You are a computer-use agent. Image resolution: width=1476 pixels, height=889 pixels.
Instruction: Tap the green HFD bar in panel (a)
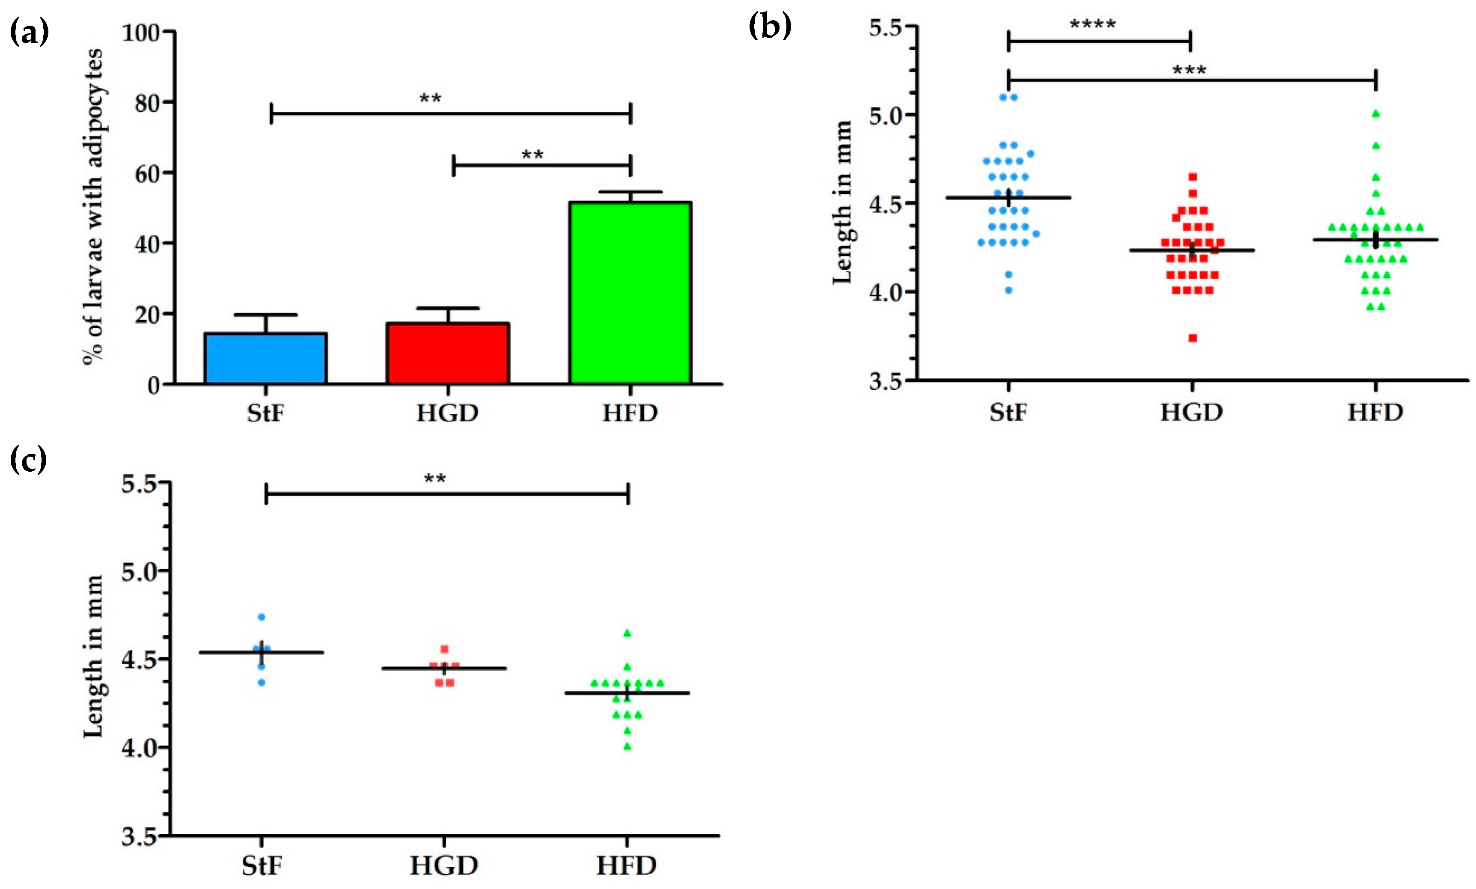coord(630,294)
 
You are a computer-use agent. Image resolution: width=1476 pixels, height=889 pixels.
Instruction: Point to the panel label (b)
coord(770,27)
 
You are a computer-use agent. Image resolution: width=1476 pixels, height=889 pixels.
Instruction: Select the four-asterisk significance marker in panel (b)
coord(1092,25)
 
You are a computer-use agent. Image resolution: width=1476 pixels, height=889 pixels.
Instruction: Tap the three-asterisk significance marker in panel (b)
coord(1189,71)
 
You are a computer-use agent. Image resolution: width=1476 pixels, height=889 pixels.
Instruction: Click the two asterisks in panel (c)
coord(435,479)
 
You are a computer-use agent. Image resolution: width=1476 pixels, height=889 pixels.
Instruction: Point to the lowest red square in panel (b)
coord(1193,338)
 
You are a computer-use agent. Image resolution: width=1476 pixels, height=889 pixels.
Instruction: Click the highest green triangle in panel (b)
coord(1376,113)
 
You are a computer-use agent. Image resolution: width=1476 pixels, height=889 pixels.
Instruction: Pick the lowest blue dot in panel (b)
coord(1009,290)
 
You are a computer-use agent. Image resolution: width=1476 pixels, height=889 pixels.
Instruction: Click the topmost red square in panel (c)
coord(444,649)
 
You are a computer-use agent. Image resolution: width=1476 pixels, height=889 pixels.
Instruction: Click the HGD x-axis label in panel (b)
coord(1191,413)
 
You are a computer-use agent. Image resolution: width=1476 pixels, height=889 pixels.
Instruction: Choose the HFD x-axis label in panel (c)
coord(627,865)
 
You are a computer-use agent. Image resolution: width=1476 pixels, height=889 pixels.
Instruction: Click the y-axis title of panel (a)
coord(93,207)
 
